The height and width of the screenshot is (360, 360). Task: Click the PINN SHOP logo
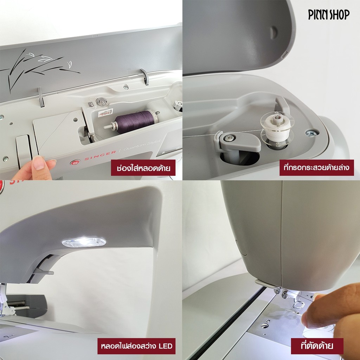point(329,15)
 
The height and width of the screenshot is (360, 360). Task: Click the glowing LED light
point(84,243)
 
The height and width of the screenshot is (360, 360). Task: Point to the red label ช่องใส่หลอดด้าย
point(143,168)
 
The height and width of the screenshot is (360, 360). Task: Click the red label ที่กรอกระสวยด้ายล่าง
point(317,168)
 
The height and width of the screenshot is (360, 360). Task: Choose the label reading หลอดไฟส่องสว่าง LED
point(136,346)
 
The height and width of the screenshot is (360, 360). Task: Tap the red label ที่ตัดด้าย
point(317,346)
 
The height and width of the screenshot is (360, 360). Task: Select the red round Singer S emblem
point(75,162)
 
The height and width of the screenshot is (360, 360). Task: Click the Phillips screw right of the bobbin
point(312,133)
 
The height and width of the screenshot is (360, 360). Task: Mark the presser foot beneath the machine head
point(299,304)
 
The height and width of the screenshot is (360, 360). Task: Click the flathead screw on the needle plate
point(265,326)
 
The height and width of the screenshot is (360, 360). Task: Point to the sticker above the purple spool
point(105,112)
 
